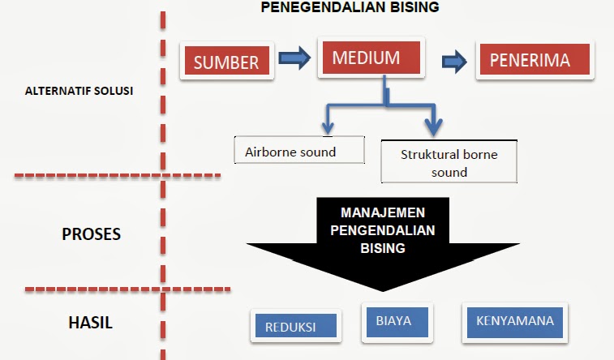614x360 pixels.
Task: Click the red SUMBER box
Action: click(x=225, y=61)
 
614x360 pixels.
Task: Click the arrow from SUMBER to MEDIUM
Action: click(x=293, y=58)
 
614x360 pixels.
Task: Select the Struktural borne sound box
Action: click(x=449, y=162)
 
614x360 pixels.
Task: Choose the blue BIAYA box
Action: click(x=393, y=321)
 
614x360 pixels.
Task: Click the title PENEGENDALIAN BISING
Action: click(x=350, y=7)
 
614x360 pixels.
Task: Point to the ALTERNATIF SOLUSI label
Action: click(x=79, y=91)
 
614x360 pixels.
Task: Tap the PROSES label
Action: click(x=91, y=234)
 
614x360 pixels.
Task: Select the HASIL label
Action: click(x=89, y=322)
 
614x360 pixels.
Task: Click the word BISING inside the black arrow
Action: click(x=382, y=248)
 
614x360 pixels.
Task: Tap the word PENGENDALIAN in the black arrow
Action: click(x=382, y=230)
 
